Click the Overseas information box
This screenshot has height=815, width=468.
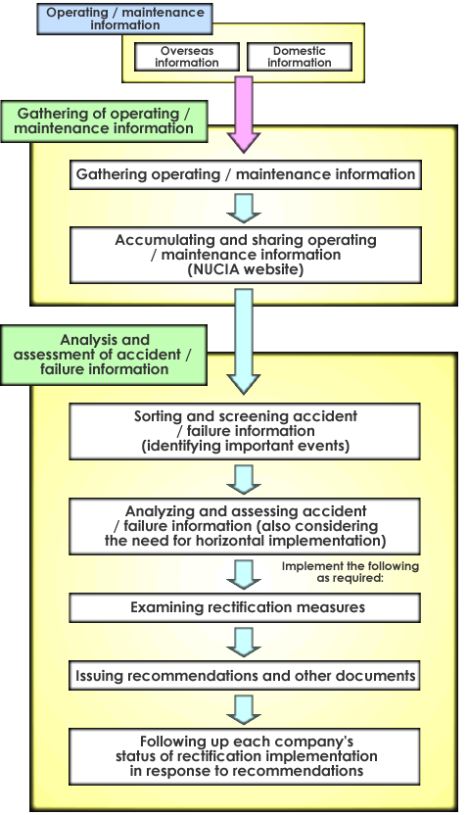[x=187, y=57]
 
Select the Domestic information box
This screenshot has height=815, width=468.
[x=300, y=57]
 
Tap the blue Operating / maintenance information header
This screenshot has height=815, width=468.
[x=124, y=19]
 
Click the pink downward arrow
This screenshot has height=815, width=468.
[x=244, y=115]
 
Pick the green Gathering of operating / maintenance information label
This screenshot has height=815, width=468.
[x=104, y=121]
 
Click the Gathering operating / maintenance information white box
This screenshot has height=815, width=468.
[x=246, y=174]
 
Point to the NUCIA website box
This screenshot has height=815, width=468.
[x=246, y=255]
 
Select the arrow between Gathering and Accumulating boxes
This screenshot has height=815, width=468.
[x=244, y=209]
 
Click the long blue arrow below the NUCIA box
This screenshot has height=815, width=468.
[x=244, y=342]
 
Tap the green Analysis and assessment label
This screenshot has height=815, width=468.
[x=104, y=355]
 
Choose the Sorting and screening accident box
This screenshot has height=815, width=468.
[x=245, y=431]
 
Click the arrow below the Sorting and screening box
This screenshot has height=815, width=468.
[x=244, y=479]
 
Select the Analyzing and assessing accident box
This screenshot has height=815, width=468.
[x=245, y=527]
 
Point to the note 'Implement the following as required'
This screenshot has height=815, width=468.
[x=351, y=572]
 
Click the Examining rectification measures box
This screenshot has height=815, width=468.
[x=245, y=607]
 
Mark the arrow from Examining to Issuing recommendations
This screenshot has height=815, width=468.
[x=244, y=642]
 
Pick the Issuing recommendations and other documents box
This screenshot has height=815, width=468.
[x=245, y=676]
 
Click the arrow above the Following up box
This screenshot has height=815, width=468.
[x=244, y=710]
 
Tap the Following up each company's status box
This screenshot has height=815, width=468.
[x=245, y=757]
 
